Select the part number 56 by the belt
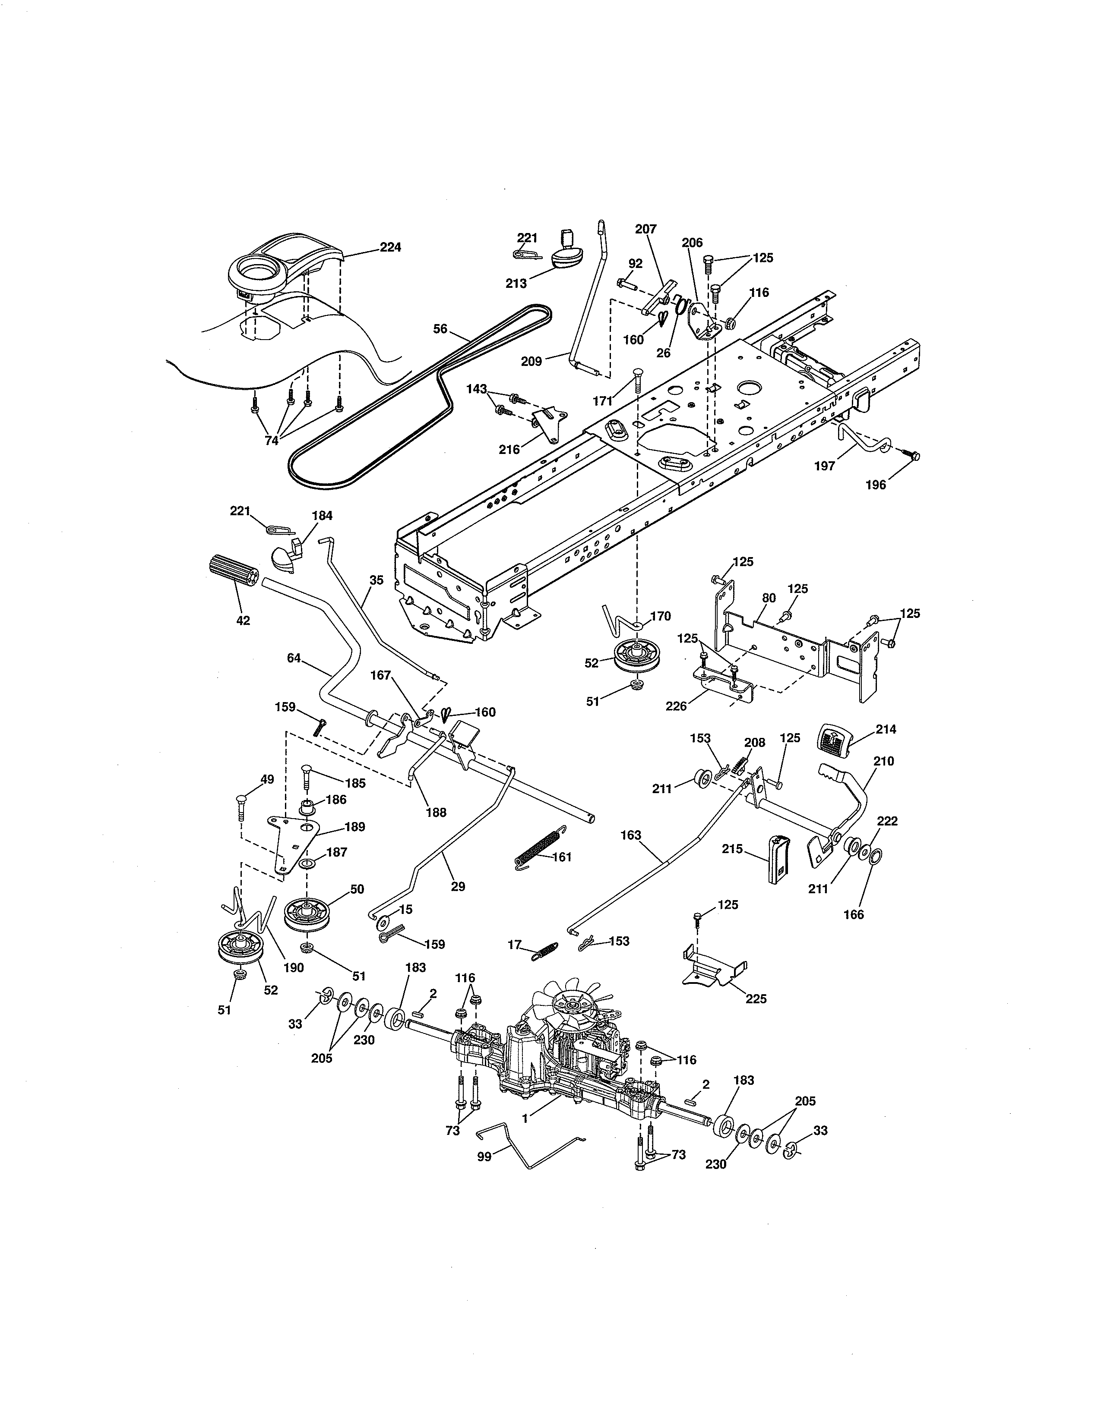pos(440,329)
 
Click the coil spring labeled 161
pos(538,847)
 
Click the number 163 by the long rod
pos(631,835)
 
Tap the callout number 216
pos(509,449)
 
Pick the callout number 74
pos(271,440)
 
